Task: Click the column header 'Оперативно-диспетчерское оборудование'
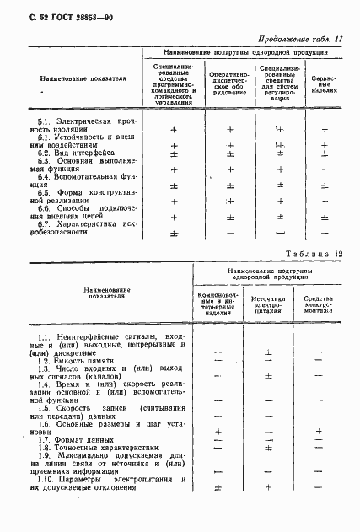click(228, 85)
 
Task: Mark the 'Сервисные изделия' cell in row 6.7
click(325, 233)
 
